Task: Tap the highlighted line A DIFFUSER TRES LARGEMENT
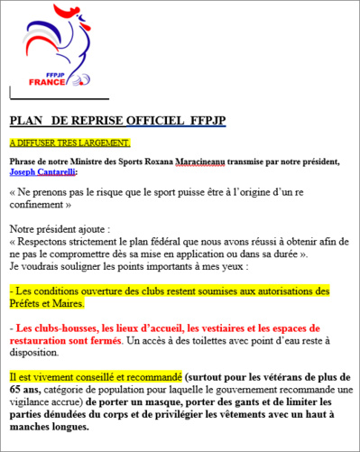[x=70, y=143]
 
